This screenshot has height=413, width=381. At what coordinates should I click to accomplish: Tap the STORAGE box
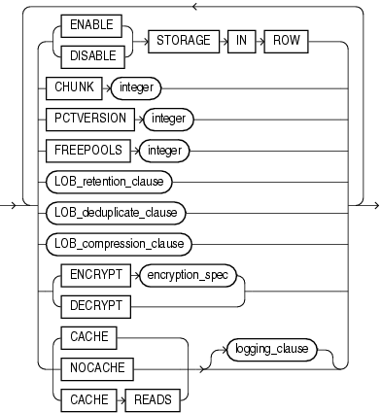coord(181,44)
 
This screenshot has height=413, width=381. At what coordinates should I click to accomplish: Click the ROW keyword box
coord(293,44)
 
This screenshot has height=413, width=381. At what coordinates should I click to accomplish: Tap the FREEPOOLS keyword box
coord(88,151)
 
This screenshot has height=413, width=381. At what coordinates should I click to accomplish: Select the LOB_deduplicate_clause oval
coord(117,211)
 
